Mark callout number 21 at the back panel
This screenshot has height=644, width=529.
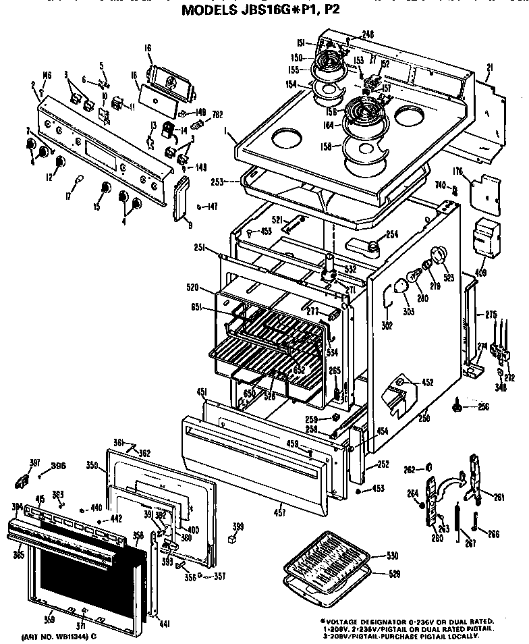pyautogui.click(x=490, y=68)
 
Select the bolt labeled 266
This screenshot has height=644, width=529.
pyautogui.click(x=476, y=521)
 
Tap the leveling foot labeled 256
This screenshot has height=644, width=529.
pyautogui.click(x=459, y=406)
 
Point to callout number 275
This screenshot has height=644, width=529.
pyautogui.click(x=491, y=314)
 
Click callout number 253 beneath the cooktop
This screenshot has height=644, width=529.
pyautogui.click(x=235, y=182)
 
